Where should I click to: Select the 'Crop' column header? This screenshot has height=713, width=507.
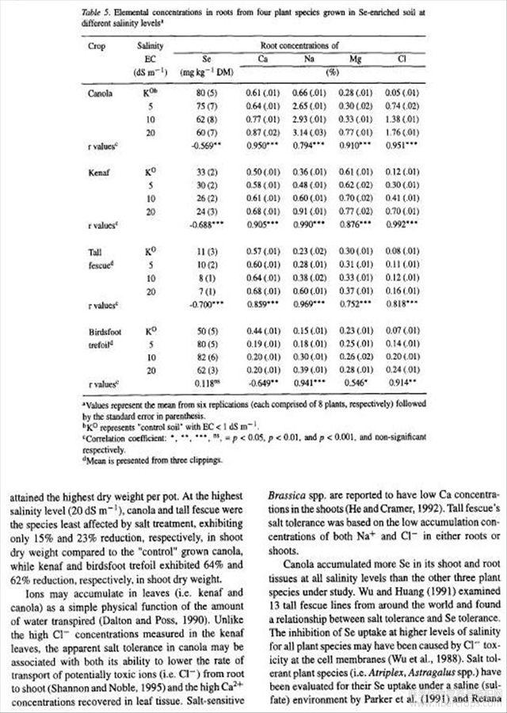coord(96,47)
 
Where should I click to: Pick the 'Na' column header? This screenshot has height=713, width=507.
coord(315,59)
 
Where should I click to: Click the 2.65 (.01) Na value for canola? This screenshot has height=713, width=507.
coord(315,105)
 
